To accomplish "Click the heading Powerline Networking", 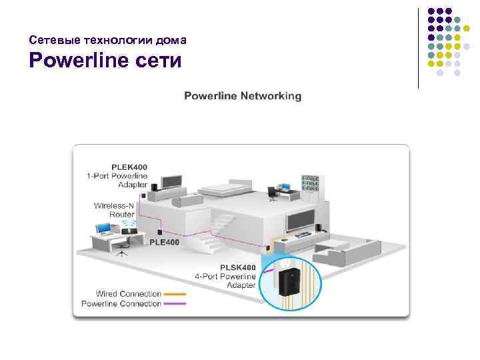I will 242,96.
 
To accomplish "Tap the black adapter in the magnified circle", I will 288,280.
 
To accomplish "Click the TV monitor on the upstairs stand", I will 171,181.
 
